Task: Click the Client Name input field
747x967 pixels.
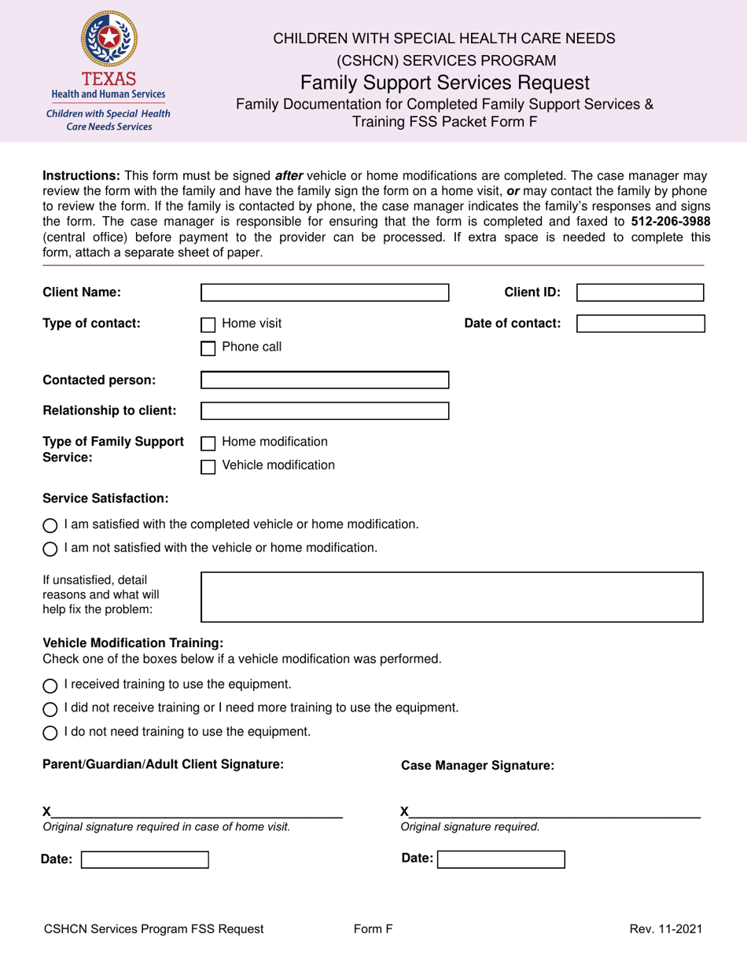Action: tap(324, 293)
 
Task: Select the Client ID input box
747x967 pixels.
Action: tap(640, 293)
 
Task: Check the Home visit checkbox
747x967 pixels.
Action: tap(208, 325)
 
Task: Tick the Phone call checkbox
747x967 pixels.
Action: tap(208, 348)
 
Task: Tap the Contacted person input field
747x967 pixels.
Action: tap(324, 381)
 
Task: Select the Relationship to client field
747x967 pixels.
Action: tap(324, 410)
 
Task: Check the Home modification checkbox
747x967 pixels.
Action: tap(208, 443)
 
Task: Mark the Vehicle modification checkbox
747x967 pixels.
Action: tap(208, 466)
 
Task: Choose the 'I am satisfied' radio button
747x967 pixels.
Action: tap(50, 525)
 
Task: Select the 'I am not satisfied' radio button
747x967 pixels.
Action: tap(50, 549)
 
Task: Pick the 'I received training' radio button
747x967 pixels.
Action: tap(50, 685)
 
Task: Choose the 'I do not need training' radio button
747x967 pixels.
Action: tap(50, 733)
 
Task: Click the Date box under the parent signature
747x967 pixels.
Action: tap(145, 860)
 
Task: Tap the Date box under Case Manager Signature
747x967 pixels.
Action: tap(501, 859)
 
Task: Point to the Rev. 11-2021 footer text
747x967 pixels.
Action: tap(665, 929)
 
